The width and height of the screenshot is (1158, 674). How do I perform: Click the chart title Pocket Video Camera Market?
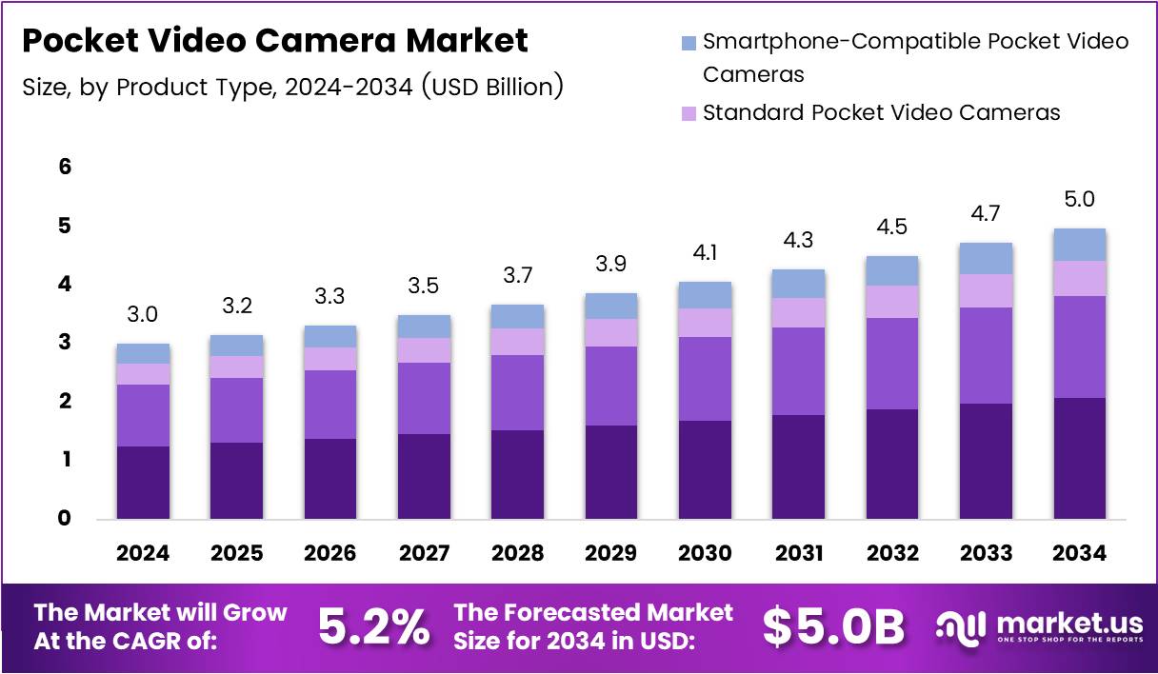[x=274, y=42]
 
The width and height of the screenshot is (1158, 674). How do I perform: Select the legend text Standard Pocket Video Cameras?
[x=881, y=112]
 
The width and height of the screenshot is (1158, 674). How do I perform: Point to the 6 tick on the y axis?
[x=65, y=167]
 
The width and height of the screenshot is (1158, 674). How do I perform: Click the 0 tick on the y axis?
[x=65, y=519]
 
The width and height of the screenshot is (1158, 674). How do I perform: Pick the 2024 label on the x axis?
[x=143, y=553]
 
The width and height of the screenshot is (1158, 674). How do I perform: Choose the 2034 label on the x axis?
[x=1079, y=553]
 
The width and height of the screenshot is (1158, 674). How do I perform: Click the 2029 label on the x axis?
[x=610, y=553]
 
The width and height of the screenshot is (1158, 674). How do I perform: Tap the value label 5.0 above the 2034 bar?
[x=1079, y=200]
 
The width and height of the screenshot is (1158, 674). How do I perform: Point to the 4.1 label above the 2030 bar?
[x=705, y=253]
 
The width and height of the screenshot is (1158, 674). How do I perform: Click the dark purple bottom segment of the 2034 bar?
[x=1079, y=458]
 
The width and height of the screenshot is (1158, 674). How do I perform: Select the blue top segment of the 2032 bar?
[x=892, y=270]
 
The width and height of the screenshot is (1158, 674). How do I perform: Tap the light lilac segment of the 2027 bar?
[x=424, y=350]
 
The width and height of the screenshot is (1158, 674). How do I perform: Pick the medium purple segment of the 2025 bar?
[x=236, y=410]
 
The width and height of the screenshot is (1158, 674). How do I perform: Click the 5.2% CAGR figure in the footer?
[x=372, y=626]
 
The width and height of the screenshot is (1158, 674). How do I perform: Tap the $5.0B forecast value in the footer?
[x=833, y=626]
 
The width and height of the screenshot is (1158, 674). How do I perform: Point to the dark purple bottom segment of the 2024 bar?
[x=143, y=483]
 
